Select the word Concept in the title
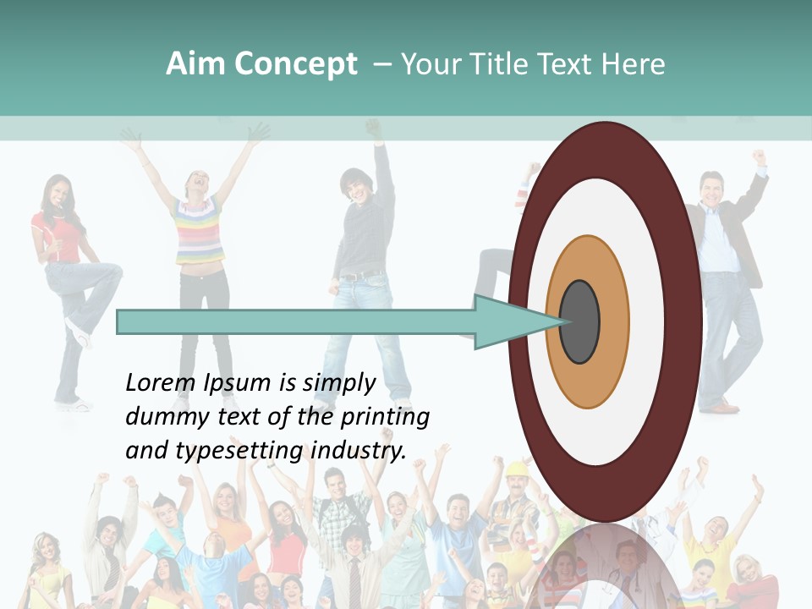pyautogui.click(x=294, y=64)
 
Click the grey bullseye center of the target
pyautogui.click(x=579, y=322)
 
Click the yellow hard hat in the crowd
pyautogui.click(x=517, y=469)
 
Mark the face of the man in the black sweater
pyautogui.click(x=353, y=187)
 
